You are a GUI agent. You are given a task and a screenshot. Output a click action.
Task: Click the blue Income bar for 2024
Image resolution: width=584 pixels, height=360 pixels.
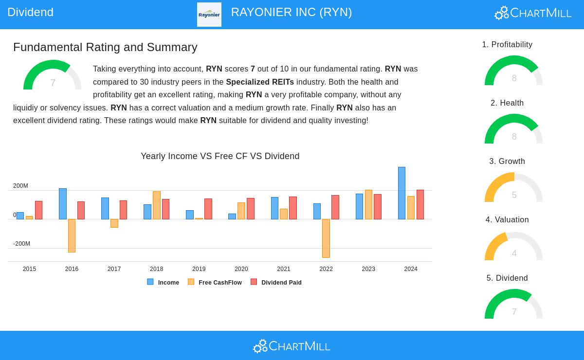(401, 193)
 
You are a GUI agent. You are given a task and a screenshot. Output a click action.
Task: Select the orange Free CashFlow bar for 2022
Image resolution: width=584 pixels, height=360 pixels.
(326, 238)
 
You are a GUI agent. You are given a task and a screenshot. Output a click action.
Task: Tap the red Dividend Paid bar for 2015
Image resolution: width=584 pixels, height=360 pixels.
(38, 210)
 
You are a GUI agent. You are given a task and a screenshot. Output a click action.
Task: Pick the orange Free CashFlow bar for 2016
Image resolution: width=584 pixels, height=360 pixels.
(72, 235)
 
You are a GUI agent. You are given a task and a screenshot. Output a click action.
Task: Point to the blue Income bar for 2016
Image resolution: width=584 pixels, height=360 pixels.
(63, 204)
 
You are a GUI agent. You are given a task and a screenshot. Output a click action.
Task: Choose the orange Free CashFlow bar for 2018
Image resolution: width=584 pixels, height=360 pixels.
(157, 205)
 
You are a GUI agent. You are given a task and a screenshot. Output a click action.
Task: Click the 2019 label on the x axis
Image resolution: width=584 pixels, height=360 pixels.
(199, 269)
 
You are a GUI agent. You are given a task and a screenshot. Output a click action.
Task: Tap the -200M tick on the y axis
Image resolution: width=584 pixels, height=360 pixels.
(21, 244)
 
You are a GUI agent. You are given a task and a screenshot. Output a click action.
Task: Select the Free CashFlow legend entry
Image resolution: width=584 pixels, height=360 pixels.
(215, 282)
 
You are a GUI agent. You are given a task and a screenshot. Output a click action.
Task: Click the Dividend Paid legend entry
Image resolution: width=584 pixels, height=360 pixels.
(276, 282)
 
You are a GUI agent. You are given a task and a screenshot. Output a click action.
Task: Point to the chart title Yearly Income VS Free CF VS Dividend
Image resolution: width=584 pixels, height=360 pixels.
(220, 156)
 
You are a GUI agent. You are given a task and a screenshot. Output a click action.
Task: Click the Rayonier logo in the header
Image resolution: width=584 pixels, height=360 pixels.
(209, 15)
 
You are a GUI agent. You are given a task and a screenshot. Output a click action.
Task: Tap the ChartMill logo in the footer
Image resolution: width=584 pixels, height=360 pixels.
(292, 346)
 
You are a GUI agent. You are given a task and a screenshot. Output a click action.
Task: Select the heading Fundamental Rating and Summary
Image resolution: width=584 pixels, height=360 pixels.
(105, 47)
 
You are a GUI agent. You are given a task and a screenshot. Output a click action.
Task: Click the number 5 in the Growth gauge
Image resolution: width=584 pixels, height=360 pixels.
(514, 195)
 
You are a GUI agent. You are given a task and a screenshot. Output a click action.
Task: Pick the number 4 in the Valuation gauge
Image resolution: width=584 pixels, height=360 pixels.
(514, 253)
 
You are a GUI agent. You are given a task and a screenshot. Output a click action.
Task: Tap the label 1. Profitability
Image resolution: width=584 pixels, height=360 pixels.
(507, 45)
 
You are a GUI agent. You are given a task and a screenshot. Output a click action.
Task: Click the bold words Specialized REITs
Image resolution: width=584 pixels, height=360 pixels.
(260, 82)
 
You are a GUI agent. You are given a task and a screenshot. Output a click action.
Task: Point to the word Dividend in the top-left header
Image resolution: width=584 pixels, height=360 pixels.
(30, 12)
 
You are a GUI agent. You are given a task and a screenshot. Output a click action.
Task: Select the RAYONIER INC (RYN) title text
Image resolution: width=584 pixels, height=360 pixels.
(292, 12)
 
